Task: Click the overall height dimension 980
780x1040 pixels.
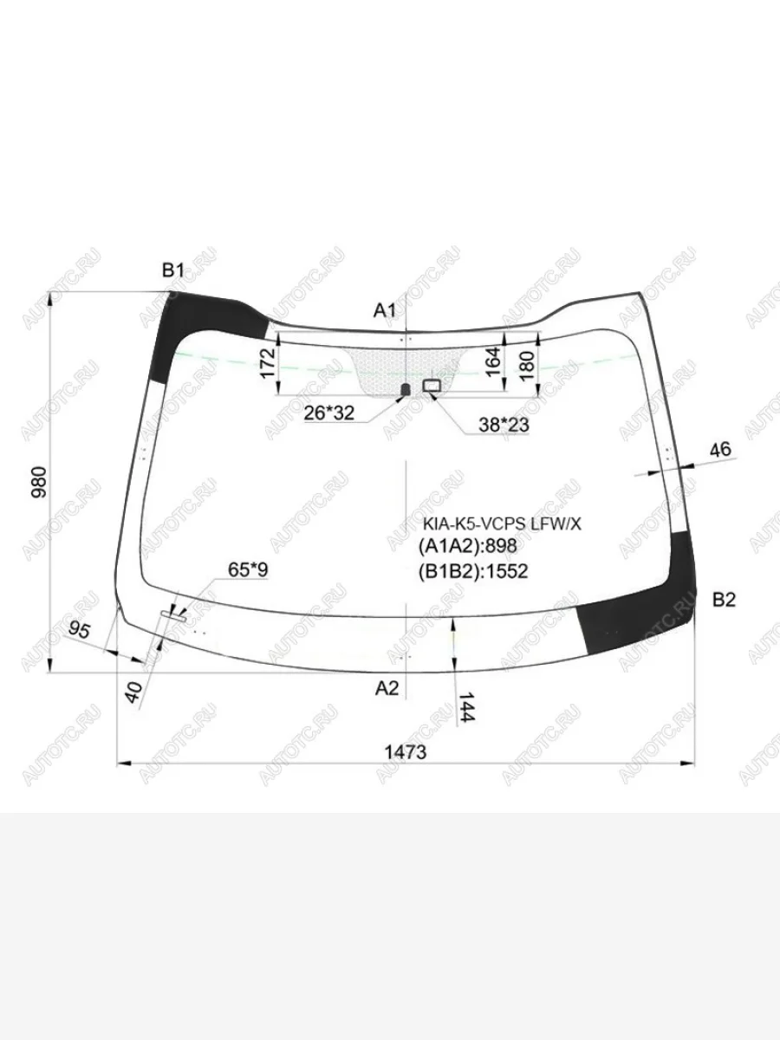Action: tap(39, 482)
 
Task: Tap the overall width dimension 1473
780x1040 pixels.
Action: tap(406, 752)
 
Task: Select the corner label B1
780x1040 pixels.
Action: tap(172, 270)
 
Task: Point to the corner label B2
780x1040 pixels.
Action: tap(725, 600)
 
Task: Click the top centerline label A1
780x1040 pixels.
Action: tap(385, 310)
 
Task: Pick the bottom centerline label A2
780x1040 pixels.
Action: tap(387, 687)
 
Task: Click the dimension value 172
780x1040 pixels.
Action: tap(269, 362)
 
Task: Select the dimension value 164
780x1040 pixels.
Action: tap(493, 361)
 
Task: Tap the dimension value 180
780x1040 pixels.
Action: tap(527, 366)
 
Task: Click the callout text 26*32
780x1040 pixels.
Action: tap(328, 413)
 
